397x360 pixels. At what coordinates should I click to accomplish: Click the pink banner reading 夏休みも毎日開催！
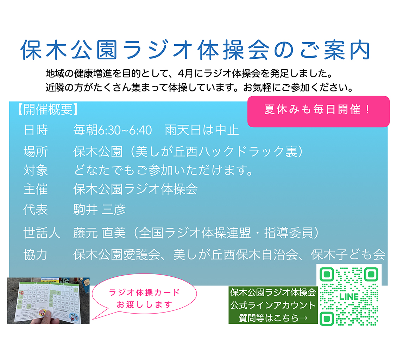tap(319, 111)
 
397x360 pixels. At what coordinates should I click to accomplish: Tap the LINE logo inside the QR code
tap(349, 297)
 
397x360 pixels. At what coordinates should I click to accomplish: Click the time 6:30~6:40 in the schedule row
tap(125, 130)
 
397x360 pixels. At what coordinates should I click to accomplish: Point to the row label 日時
tap(36, 130)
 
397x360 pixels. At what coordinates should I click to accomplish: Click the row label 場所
tap(36, 152)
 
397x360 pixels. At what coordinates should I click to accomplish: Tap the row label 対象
tap(36, 170)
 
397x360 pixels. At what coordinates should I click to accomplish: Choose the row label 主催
tap(36, 189)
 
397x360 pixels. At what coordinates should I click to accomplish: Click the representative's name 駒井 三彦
tap(100, 210)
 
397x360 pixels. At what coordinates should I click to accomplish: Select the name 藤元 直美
tap(100, 233)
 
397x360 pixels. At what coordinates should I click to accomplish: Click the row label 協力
tap(36, 255)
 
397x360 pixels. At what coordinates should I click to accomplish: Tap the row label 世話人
tap(42, 233)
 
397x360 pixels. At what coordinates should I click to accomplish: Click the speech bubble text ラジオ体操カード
tap(144, 292)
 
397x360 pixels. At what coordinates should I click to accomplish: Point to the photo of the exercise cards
tap(48, 301)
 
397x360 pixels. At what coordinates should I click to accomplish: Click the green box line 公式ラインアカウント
tap(273, 305)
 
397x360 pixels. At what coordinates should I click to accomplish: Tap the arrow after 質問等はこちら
tap(303, 318)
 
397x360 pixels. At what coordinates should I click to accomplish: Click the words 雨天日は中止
tap(202, 130)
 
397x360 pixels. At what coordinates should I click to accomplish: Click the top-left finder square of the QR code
tap(327, 274)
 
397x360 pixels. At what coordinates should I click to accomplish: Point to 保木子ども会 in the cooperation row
tap(348, 255)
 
